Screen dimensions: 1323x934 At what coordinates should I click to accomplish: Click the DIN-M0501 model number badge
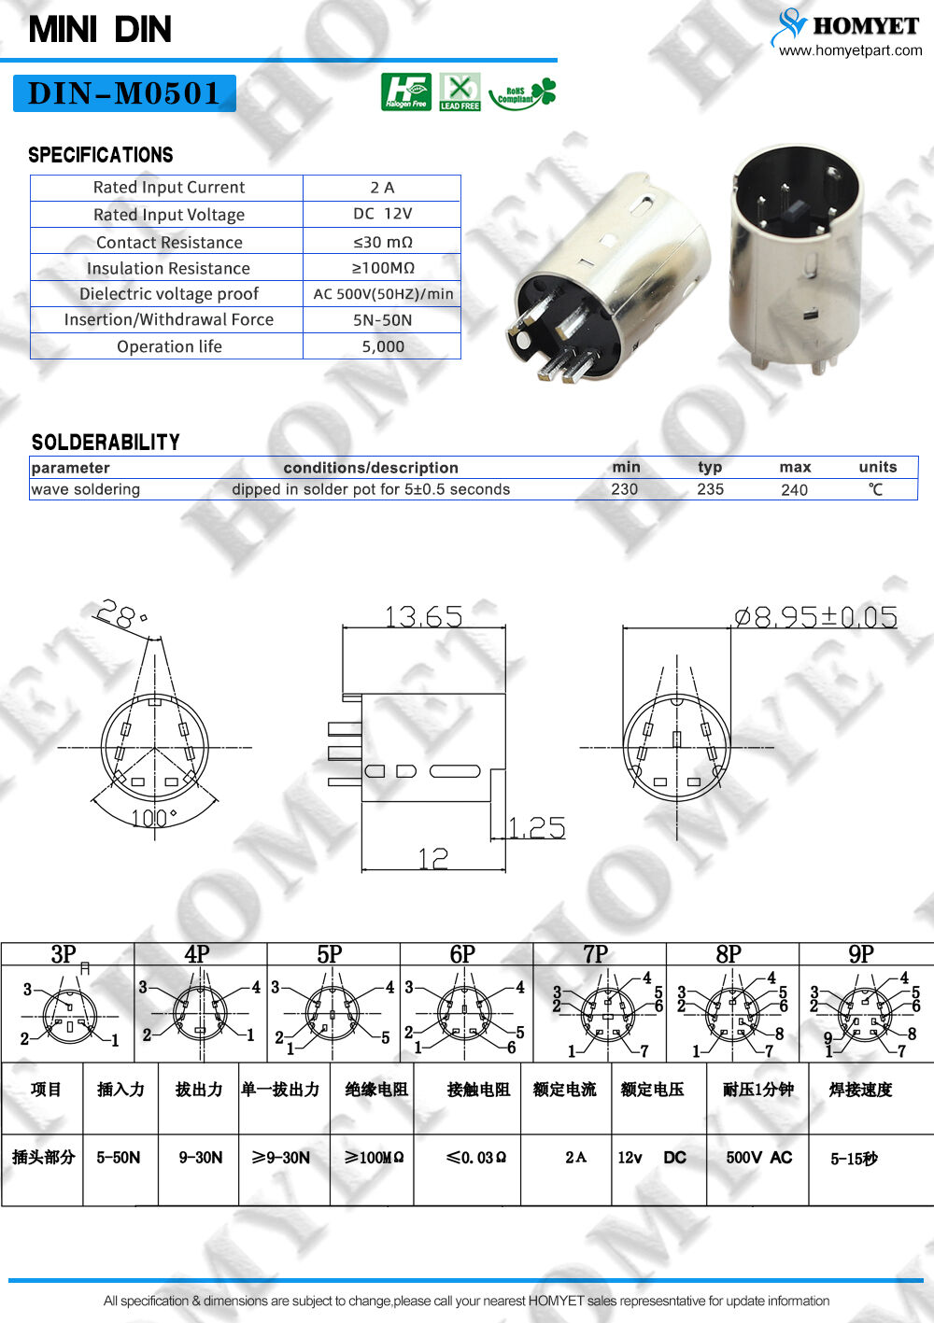click(124, 93)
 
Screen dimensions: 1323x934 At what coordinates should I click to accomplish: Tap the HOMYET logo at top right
click(846, 26)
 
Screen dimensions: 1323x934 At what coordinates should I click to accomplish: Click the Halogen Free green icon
click(405, 91)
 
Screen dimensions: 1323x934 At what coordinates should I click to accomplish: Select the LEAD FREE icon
click(460, 91)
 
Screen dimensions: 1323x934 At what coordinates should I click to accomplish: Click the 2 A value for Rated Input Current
click(382, 188)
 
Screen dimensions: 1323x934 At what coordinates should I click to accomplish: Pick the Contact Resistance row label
click(169, 242)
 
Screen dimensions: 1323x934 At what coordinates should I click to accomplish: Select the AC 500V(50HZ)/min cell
click(383, 294)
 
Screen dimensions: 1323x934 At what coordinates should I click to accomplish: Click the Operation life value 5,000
click(383, 346)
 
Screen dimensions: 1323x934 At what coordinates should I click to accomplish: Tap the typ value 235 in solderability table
click(710, 489)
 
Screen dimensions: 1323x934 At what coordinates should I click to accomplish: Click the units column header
click(877, 467)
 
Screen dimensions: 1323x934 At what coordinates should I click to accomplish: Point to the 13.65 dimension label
click(423, 616)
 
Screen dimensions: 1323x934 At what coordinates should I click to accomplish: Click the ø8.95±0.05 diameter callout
click(815, 617)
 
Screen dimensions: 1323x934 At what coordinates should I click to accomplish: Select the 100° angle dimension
click(152, 818)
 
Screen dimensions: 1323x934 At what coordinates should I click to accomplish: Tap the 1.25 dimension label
click(537, 827)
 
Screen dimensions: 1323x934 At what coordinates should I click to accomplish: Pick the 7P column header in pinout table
click(595, 954)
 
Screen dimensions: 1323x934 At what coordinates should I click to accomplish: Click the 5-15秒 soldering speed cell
click(854, 1159)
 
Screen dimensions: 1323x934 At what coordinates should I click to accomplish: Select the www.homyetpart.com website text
click(850, 50)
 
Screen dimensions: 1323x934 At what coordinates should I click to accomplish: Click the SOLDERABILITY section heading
click(106, 443)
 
